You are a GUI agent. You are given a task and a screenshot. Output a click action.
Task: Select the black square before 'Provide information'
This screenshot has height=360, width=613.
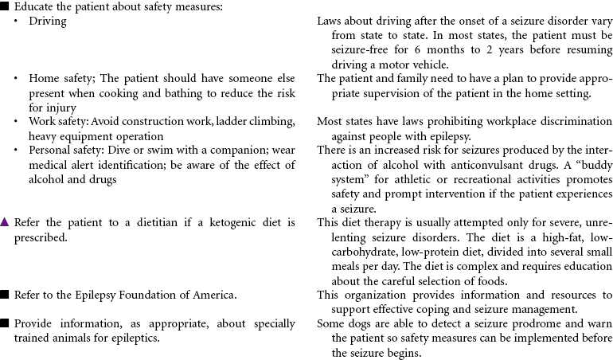(x=5, y=324)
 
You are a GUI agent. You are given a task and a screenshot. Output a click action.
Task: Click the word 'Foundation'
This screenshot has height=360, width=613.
(x=135, y=295)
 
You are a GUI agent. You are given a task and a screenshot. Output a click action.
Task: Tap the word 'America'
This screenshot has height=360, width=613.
(x=212, y=295)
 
